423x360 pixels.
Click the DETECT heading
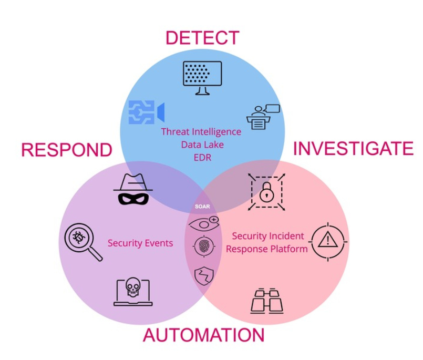pos(202,38)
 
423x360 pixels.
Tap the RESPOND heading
pos(66,150)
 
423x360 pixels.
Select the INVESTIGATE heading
pos(353,149)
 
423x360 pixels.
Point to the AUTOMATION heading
pos(203,335)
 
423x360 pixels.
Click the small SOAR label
pos(202,207)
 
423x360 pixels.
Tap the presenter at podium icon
pos(263,116)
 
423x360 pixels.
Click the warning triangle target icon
pos(328,241)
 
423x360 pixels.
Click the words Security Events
pos(140,243)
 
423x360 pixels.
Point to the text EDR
pos(202,157)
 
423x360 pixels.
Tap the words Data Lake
pos(202,144)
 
